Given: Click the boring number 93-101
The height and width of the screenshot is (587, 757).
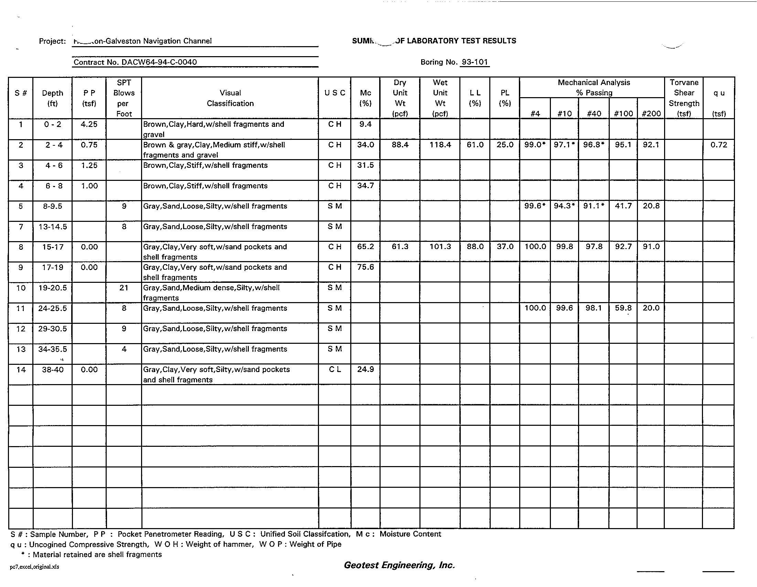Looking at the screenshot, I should coord(475,62).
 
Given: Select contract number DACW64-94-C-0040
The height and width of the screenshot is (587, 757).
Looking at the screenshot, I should coord(135,62).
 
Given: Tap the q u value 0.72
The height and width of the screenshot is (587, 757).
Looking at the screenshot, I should coord(718,145).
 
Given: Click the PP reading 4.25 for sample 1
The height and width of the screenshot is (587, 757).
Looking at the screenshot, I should coord(89,124).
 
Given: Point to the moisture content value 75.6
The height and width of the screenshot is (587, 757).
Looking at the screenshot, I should coord(365,267).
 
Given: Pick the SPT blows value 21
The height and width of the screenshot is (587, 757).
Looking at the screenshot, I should coord(124,288).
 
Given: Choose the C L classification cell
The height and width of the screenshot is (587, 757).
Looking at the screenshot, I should coord(334,370).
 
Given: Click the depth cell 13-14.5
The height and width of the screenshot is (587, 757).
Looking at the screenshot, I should coord(53,227).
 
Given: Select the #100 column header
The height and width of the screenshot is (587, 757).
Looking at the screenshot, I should coord(623,113).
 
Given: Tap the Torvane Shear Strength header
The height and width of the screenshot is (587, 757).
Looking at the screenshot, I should coord(683,98).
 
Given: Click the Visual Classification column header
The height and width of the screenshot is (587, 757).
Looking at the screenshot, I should coord(230,98).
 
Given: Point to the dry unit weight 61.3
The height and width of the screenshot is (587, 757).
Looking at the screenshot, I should coord(400,247).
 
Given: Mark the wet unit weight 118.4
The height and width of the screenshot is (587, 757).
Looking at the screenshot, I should coord(440,145).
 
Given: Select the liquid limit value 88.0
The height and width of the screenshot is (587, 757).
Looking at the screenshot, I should coord(475,247).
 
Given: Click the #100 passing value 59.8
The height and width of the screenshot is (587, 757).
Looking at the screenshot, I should coord(623,308).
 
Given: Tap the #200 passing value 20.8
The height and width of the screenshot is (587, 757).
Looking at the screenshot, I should coord(651,206).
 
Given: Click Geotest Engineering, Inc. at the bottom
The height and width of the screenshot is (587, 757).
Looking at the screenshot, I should coord(399,565).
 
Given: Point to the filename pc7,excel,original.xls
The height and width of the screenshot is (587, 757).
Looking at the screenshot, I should coord(34,567).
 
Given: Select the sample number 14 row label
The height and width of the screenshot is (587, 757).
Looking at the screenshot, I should coord(21,370).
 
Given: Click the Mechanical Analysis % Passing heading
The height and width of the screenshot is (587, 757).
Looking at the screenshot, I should coord(594,87).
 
